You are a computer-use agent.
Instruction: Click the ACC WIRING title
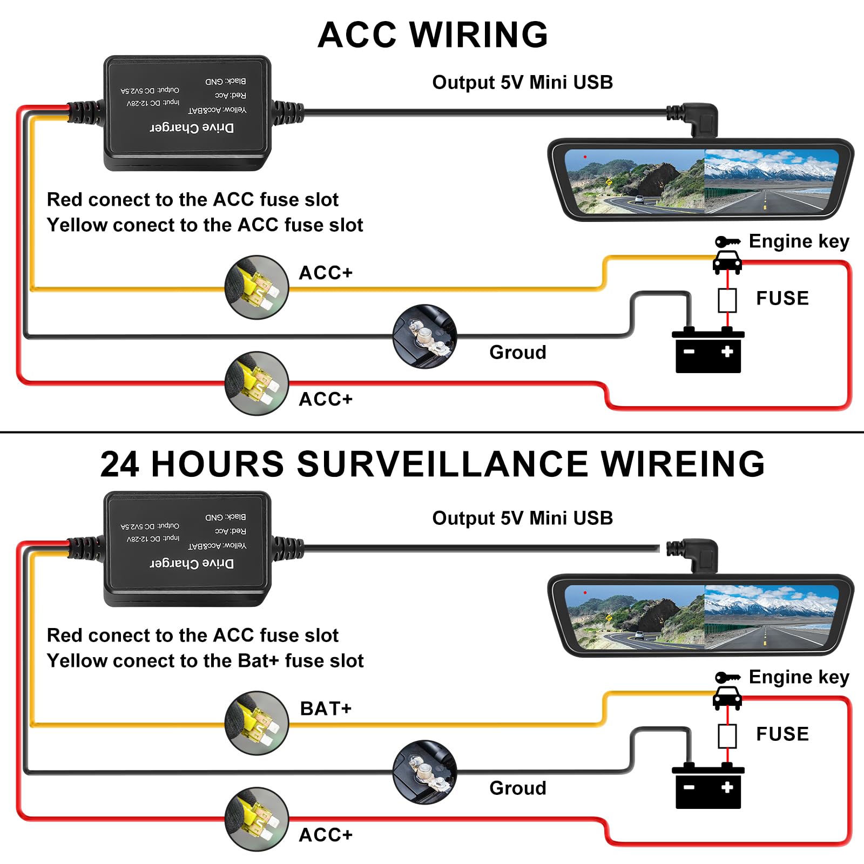433,35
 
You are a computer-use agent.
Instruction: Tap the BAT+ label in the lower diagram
326,708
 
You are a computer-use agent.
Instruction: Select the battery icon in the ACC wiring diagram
708,351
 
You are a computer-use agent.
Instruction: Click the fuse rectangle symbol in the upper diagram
727,300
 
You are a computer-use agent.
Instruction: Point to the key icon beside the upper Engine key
727,241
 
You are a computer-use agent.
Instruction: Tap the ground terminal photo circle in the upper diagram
425,336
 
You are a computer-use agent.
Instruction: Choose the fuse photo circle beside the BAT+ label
257,723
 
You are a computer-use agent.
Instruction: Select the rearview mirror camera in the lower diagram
700,615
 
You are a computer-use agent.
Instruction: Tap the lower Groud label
517,788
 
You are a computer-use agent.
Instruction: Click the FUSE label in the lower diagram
782,734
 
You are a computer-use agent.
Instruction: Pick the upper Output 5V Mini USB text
522,82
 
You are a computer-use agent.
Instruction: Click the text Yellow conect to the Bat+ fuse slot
205,660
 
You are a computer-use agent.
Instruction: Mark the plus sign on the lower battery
727,787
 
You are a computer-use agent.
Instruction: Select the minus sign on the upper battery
689,352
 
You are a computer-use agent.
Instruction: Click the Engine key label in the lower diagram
799,677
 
